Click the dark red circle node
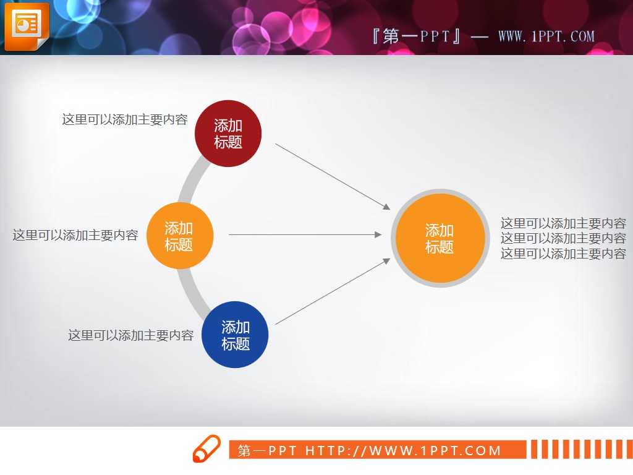click(228, 134)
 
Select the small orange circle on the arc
click(179, 236)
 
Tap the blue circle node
click(235, 335)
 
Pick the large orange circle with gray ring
click(440, 238)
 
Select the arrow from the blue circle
click(333, 291)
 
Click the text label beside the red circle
click(124, 119)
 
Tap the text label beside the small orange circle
click(75, 235)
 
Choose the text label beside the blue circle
click(130, 335)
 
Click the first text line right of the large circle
click(563, 223)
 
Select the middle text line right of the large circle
click(563, 238)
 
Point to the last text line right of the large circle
click(563, 254)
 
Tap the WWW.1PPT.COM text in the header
click(546, 36)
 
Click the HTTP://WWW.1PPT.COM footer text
click(403, 450)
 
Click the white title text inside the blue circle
click(235, 335)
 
